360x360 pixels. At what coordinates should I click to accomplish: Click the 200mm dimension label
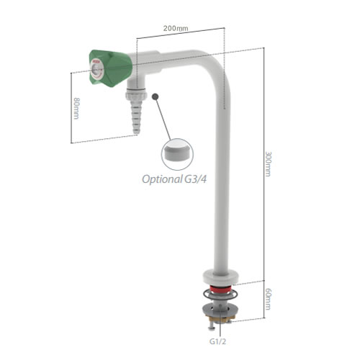(176, 28)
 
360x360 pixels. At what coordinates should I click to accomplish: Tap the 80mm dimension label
(76, 108)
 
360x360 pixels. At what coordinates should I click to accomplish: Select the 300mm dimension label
(268, 164)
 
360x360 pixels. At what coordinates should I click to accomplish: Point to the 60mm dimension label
(268, 299)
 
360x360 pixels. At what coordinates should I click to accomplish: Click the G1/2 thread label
(217, 341)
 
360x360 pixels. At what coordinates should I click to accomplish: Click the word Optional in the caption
(162, 179)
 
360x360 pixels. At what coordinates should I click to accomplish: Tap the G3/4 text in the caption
(195, 179)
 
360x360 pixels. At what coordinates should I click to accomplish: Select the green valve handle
(111, 68)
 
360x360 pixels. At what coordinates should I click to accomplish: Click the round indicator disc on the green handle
(96, 70)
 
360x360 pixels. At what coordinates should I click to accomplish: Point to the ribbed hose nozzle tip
(136, 117)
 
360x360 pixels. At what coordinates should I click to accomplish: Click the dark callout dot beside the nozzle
(156, 96)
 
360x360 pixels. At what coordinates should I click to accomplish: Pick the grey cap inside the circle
(177, 152)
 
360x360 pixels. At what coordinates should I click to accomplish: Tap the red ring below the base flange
(220, 289)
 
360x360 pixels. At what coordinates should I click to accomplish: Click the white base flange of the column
(220, 276)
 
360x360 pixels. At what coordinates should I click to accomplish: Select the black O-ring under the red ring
(220, 294)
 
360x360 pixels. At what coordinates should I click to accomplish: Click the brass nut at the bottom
(220, 318)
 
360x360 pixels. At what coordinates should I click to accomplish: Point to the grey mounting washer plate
(220, 310)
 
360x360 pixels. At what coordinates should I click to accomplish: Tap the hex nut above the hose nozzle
(136, 95)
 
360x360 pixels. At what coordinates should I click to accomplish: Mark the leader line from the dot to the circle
(163, 118)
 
